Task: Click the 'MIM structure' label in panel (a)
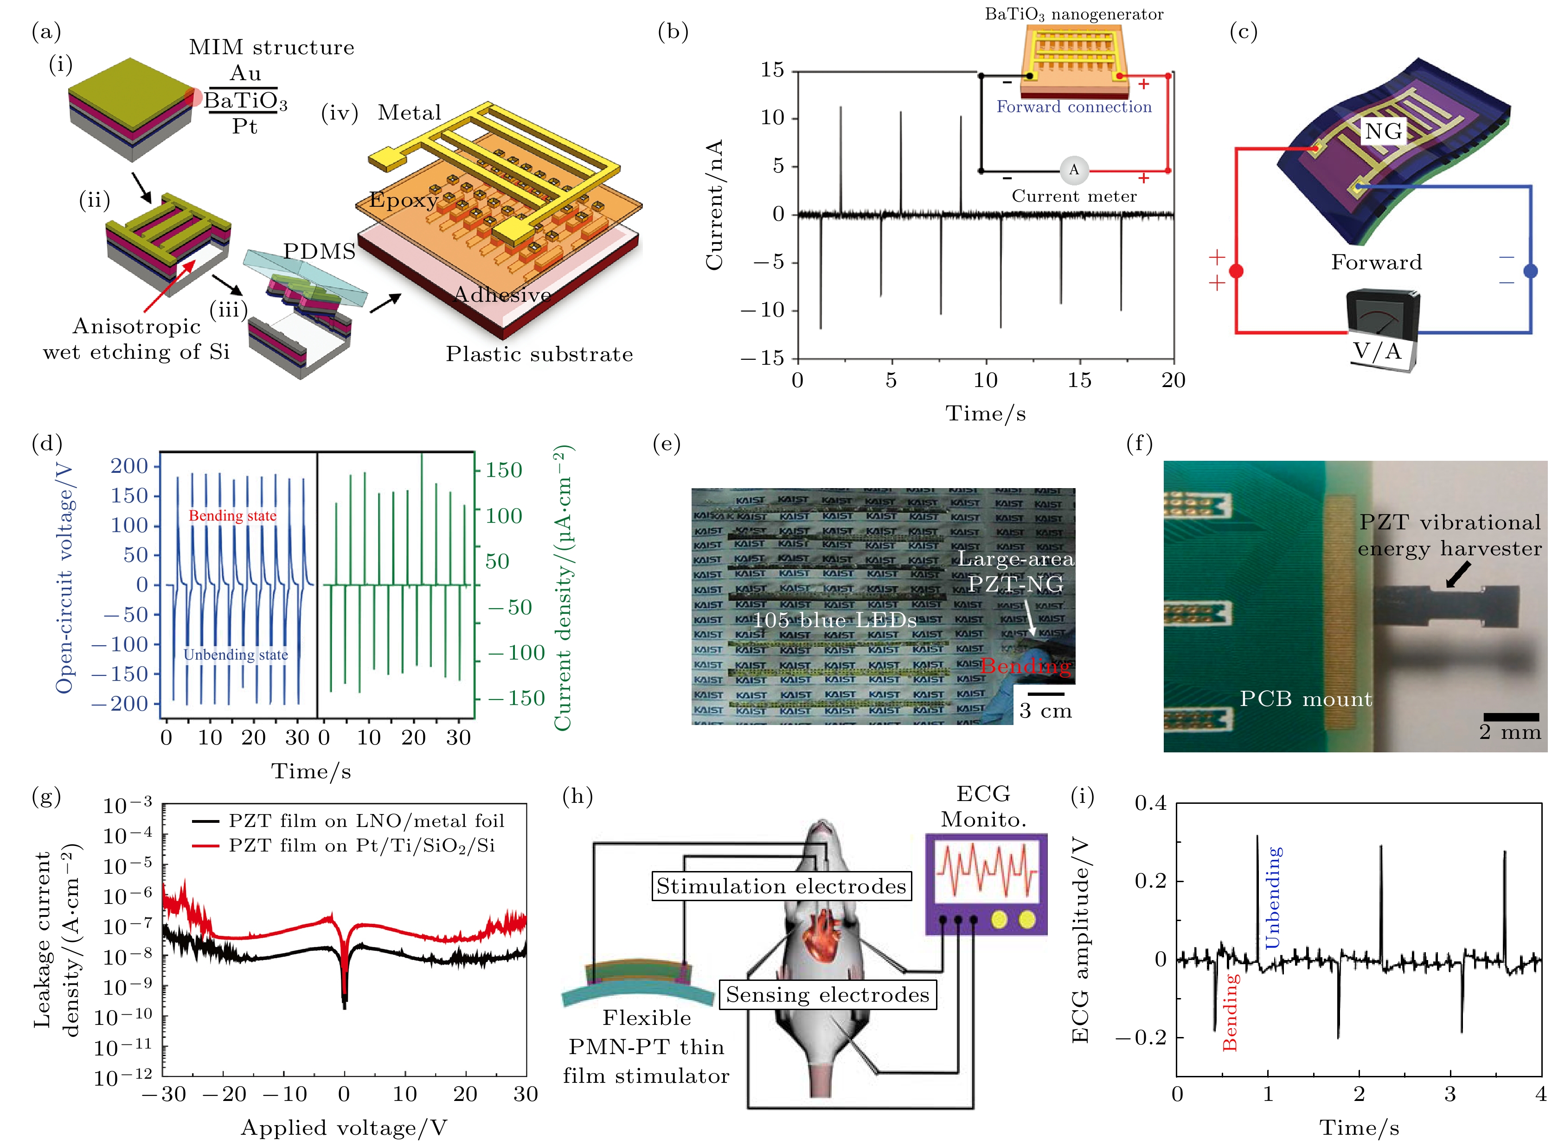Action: tap(271, 47)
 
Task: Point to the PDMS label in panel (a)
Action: tap(319, 251)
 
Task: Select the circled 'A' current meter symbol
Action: tap(1073, 169)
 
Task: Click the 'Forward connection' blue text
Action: tap(1073, 107)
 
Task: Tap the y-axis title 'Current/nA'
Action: tap(714, 204)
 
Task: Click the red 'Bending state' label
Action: tap(232, 515)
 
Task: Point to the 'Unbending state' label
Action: tap(236, 655)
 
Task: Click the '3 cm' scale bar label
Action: tap(1045, 711)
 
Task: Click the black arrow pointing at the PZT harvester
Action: tap(1458, 574)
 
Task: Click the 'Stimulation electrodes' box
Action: tap(781, 886)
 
